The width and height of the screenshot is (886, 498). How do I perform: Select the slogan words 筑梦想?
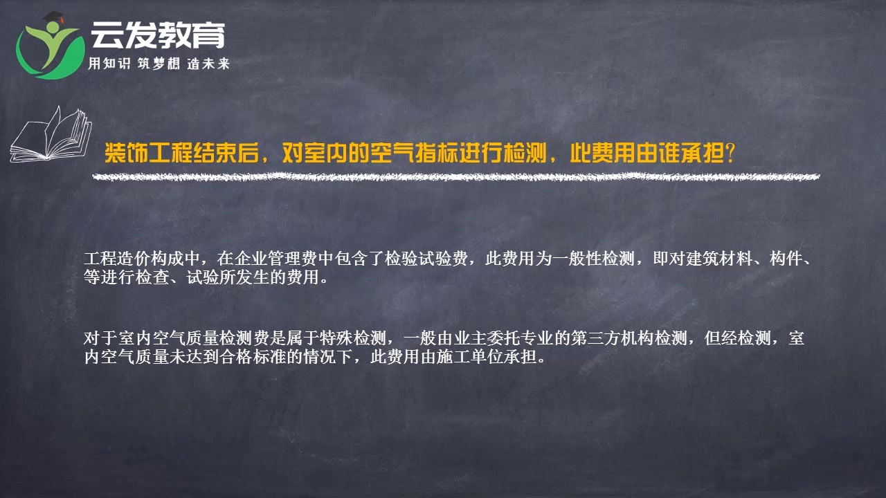pyautogui.click(x=159, y=64)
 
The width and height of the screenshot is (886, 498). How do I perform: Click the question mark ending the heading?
pyautogui.click(x=727, y=153)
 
